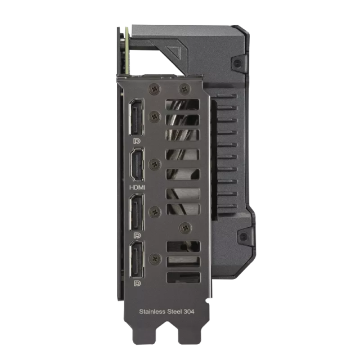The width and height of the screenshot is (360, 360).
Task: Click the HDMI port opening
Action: [x=137, y=164]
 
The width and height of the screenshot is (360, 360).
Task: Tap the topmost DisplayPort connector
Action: [x=137, y=118]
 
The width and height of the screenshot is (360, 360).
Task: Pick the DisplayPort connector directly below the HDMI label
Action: [x=137, y=212]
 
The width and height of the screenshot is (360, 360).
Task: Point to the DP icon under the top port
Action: [x=137, y=141]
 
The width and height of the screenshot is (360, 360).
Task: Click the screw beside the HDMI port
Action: [x=154, y=164]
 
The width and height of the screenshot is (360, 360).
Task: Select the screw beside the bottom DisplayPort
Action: [x=154, y=259]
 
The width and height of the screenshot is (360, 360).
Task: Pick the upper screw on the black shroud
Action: [x=238, y=62]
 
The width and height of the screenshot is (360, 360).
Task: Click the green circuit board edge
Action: [x=128, y=51]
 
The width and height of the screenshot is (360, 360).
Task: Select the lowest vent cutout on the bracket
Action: [x=183, y=277]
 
